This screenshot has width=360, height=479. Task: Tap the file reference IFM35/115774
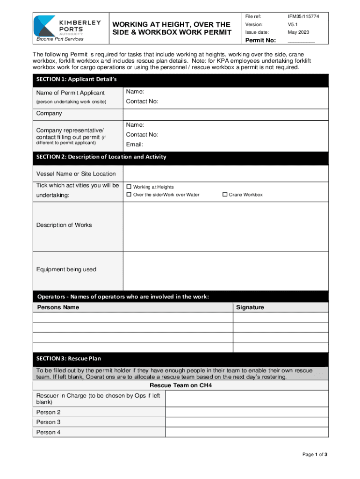coord(303,16)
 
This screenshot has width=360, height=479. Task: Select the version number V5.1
coord(293,24)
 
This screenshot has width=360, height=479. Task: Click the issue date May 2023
coord(298,32)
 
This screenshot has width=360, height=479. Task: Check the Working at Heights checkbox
coord(130,187)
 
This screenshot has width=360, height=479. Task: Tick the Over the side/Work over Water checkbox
coord(130,195)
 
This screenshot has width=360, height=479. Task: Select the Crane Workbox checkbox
coord(225,195)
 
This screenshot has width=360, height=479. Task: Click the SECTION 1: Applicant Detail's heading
coord(77,80)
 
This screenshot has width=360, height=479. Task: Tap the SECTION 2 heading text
coord(101,157)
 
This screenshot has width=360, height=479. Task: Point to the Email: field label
coord(135,145)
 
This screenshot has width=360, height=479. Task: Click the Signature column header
coord(250,307)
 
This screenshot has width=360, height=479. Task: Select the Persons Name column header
coord(58,307)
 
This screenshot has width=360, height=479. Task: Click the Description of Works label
coord(64,225)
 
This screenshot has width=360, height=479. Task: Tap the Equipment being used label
coord(66,269)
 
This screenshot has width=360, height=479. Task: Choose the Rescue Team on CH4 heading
coord(180,386)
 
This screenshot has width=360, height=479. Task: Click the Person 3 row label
coord(49,422)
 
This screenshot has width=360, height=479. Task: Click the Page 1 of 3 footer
coord(315,454)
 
